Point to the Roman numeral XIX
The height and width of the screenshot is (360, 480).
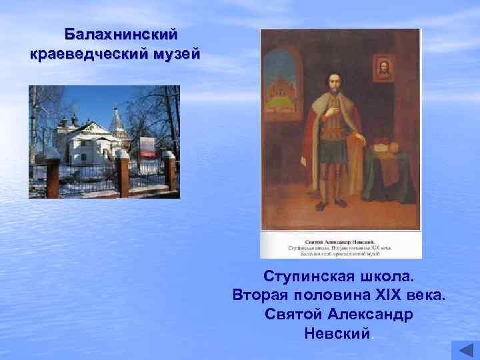(392, 295)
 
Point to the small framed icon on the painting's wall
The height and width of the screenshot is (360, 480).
(382, 68)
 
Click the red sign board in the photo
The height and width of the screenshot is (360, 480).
(147, 145)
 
